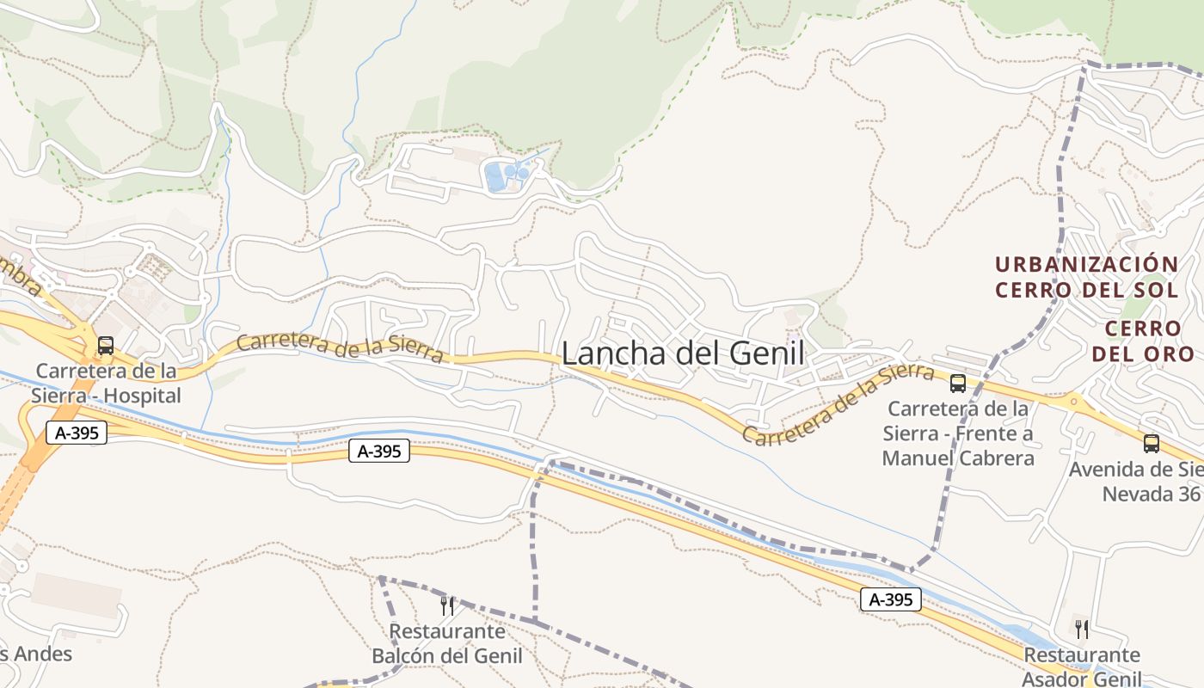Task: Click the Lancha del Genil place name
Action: click(683, 353)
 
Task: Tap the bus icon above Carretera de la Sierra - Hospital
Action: click(106, 346)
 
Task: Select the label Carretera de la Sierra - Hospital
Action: click(107, 384)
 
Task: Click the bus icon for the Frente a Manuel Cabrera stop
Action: click(957, 384)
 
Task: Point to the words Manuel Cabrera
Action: click(958, 458)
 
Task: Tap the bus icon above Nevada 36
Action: click(1151, 444)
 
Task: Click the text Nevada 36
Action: click(1152, 494)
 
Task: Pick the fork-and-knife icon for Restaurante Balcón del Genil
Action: click(446, 605)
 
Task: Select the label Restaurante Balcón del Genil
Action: click(446, 643)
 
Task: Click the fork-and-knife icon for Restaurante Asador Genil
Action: click(1081, 630)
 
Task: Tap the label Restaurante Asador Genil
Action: click(1081, 666)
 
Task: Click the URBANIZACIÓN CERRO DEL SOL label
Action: click(1086, 277)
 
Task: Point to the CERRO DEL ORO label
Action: click(1143, 341)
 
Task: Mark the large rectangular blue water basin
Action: click(495, 177)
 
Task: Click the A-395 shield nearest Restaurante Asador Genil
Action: click(890, 599)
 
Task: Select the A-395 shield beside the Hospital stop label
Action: click(77, 433)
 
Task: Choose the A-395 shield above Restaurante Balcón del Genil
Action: click(378, 450)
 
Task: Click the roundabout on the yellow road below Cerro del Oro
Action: click(1072, 401)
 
